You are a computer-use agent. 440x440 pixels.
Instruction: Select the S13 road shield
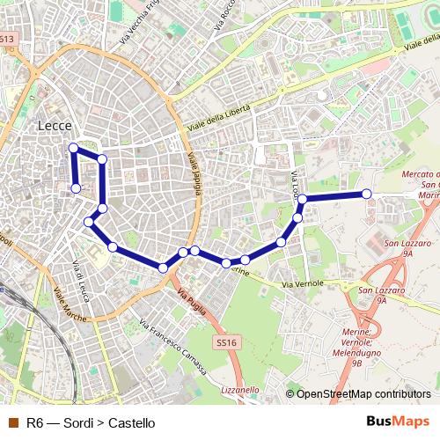click(x=7, y=39)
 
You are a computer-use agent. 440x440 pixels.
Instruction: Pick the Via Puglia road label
click(x=192, y=298)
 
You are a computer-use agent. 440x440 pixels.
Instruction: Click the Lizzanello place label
click(x=240, y=389)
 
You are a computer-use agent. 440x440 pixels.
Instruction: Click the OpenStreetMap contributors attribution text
click(x=363, y=394)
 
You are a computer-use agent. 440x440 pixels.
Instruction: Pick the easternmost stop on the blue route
click(x=366, y=194)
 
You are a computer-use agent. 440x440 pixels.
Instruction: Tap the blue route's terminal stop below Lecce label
click(x=76, y=188)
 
